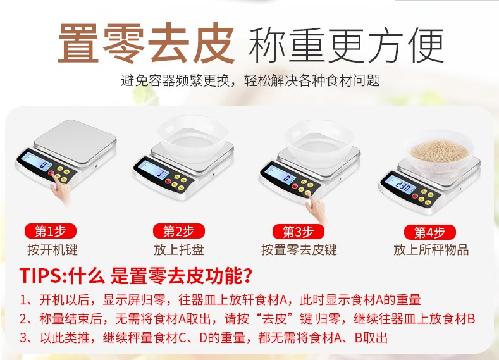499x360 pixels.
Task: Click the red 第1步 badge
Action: pos(51,231)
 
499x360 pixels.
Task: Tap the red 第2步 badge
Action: pos(178,231)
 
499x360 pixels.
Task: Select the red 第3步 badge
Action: pos(298,232)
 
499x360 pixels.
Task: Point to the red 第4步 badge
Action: pos(429,232)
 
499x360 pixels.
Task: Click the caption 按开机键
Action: pos(52,249)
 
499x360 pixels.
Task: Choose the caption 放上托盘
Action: pos(179,249)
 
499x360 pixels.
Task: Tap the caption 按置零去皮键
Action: pos(299,249)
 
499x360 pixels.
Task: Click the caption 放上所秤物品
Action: pos(431,249)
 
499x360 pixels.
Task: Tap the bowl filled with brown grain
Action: pos(439,152)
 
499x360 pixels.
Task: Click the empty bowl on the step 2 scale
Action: pos(192,137)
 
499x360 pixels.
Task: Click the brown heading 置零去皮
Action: pos(146,43)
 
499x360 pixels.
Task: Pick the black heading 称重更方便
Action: pos(346,45)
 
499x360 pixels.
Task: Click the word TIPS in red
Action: pos(40,275)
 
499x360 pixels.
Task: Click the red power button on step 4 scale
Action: pos(415,196)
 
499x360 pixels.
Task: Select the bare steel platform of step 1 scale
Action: pos(75,142)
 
